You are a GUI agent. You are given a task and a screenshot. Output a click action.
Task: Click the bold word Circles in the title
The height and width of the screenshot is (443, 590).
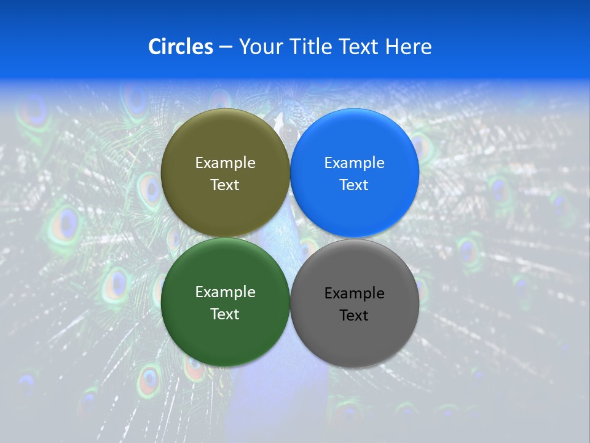click(x=180, y=47)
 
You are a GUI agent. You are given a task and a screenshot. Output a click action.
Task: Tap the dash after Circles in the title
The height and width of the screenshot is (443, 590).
click(x=226, y=47)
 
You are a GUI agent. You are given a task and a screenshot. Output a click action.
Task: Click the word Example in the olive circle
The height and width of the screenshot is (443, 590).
click(x=225, y=163)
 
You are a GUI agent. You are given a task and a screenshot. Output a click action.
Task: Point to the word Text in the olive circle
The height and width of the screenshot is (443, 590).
click(x=225, y=185)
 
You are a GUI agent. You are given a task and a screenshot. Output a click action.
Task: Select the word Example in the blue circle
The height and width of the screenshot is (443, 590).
click(x=355, y=163)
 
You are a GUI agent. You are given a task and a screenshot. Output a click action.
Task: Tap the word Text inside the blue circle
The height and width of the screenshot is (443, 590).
click(x=355, y=185)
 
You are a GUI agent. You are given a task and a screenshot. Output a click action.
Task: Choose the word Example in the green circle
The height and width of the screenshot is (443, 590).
click(x=225, y=292)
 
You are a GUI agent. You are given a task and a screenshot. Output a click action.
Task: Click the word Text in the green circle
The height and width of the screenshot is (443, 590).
click(x=225, y=314)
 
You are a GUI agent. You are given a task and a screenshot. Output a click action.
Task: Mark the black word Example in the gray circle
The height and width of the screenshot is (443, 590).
click(x=355, y=293)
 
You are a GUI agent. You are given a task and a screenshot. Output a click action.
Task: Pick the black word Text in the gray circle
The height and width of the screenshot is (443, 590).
click(x=355, y=316)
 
